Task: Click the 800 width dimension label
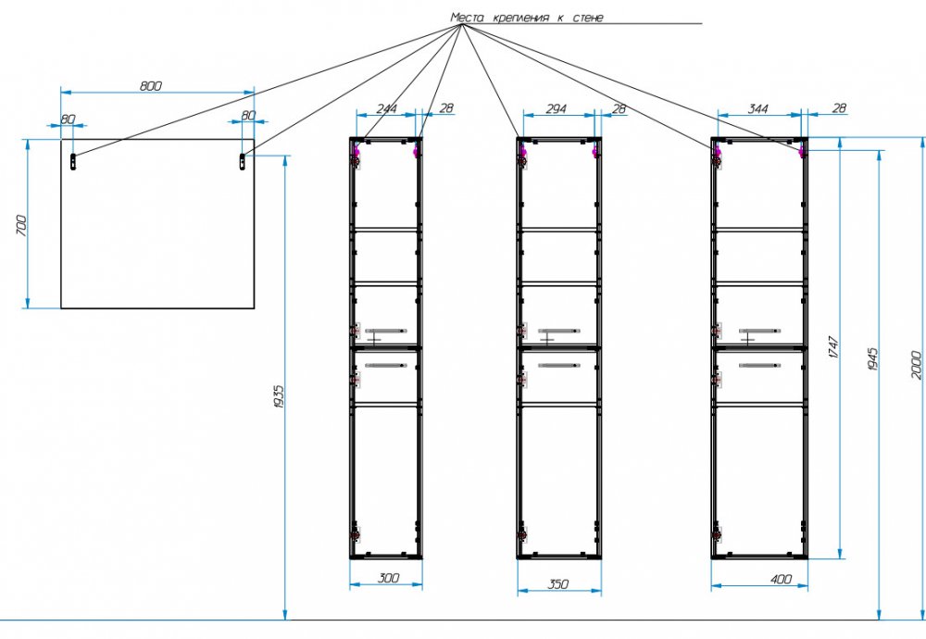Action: coord(151,86)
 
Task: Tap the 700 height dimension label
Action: coord(21,226)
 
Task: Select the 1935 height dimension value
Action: coord(279,396)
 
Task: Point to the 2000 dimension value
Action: coord(916,364)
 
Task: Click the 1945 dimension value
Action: coord(873,359)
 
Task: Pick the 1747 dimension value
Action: coord(833,348)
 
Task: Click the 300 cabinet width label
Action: coord(387,578)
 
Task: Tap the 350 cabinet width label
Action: coord(558,584)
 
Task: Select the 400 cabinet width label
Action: coord(781,580)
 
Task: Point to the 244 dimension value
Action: coord(387,108)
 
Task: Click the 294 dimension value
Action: coord(556,108)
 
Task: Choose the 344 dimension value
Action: coord(757,108)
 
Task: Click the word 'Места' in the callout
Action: coord(467,18)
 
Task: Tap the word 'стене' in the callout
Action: coord(588,18)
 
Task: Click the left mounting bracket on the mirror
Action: coord(73,161)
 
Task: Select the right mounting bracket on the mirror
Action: coord(242,161)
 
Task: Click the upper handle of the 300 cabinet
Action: coord(385,331)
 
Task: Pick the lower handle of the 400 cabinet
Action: coord(760,366)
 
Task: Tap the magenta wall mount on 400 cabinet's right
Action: coord(801,152)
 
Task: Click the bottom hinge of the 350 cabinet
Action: coord(522,535)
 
